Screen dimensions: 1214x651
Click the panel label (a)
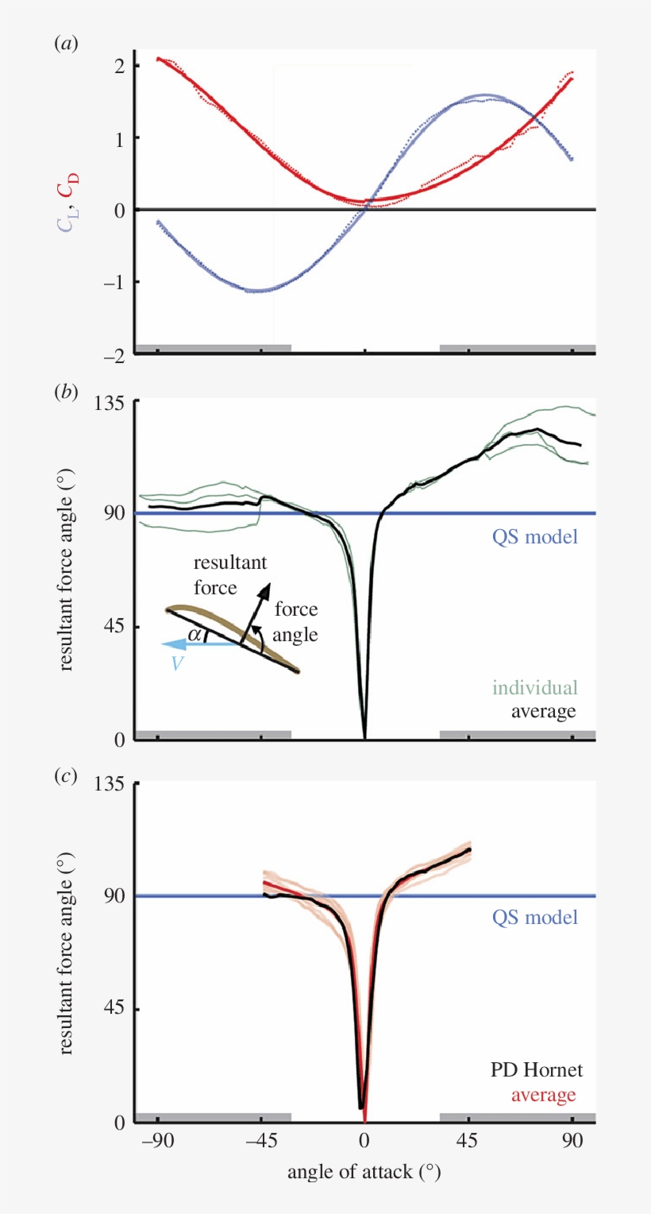click(x=65, y=44)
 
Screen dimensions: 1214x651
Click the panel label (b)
click(x=65, y=392)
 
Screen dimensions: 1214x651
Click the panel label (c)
click(x=65, y=776)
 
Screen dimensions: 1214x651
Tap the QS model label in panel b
click(x=534, y=536)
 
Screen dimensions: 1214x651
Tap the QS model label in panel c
click(x=534, y=917)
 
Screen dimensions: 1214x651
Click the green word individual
click(x=534, y=687)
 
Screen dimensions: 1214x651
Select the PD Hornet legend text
click(x=537, y=1070)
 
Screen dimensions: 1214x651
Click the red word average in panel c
click(x=543, y=1095)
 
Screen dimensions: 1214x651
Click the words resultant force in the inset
click(x=231, y=575)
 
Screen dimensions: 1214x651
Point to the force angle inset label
click(x=295, y=622)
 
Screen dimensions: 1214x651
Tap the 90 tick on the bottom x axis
click(x=572, y=1142)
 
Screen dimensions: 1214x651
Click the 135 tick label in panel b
click(x=114, y=402)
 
